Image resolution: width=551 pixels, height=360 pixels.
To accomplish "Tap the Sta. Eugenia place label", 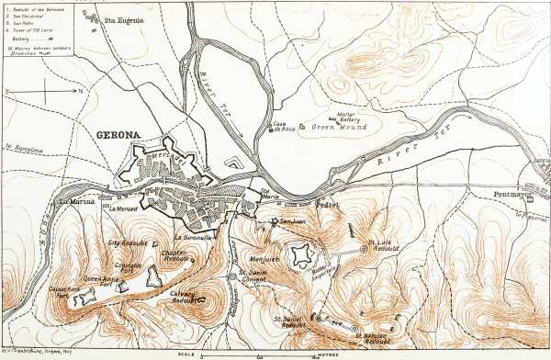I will [x=123, y=19].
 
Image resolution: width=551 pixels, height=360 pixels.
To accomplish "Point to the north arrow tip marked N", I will [x=80, y=91].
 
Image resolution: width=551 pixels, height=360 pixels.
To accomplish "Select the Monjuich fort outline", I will [x=300, y=256].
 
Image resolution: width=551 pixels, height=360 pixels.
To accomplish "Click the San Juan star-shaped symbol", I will [x=275, y=221].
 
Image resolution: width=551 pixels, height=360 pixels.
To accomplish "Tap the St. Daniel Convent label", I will [x=260, y=275].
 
